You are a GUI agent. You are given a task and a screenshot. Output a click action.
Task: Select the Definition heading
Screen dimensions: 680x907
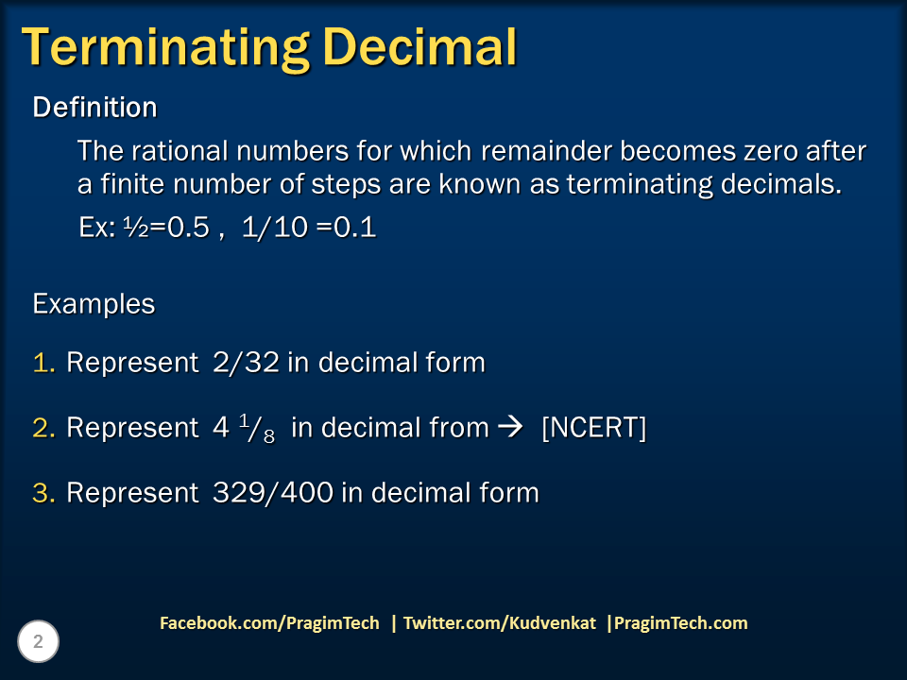94,108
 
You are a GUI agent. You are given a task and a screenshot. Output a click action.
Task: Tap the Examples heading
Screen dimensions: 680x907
94,304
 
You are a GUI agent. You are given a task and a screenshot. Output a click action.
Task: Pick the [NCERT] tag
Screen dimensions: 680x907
593,428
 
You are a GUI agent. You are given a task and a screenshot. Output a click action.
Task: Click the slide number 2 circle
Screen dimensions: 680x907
39,642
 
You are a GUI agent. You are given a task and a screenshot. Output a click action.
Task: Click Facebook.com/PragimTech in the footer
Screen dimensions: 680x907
269,623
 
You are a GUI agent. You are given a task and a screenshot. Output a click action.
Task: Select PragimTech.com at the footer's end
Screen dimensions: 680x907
680,623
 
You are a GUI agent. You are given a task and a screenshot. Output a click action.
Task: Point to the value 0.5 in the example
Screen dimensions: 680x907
188,229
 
